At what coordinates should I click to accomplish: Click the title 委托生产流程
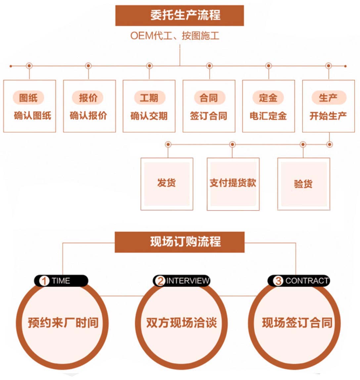(185, 15)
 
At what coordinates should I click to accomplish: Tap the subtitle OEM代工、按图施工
(175, 36)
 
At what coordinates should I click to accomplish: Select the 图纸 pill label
(28, 98)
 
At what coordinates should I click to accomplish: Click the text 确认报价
(88, 116)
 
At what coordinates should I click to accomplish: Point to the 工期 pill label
(149, 98)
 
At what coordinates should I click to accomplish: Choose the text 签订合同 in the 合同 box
(208, 116)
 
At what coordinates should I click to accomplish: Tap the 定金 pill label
(268, 98)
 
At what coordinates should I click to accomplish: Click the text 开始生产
(328, 116)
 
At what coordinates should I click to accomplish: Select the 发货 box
(167, 184)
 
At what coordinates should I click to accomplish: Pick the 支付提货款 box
(233, 184)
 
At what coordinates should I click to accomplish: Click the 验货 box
(304, 184)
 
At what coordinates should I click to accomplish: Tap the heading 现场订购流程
(185, 242)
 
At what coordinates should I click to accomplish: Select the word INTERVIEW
(188, 281)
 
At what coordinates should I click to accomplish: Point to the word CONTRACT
(307, 281)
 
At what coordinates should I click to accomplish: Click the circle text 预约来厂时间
(63, 323)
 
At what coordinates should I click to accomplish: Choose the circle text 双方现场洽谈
(181, 323)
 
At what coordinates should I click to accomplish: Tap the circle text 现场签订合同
(297, 323)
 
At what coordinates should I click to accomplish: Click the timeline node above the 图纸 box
(29, 66)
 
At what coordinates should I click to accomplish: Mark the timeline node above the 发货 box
(168, 144)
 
